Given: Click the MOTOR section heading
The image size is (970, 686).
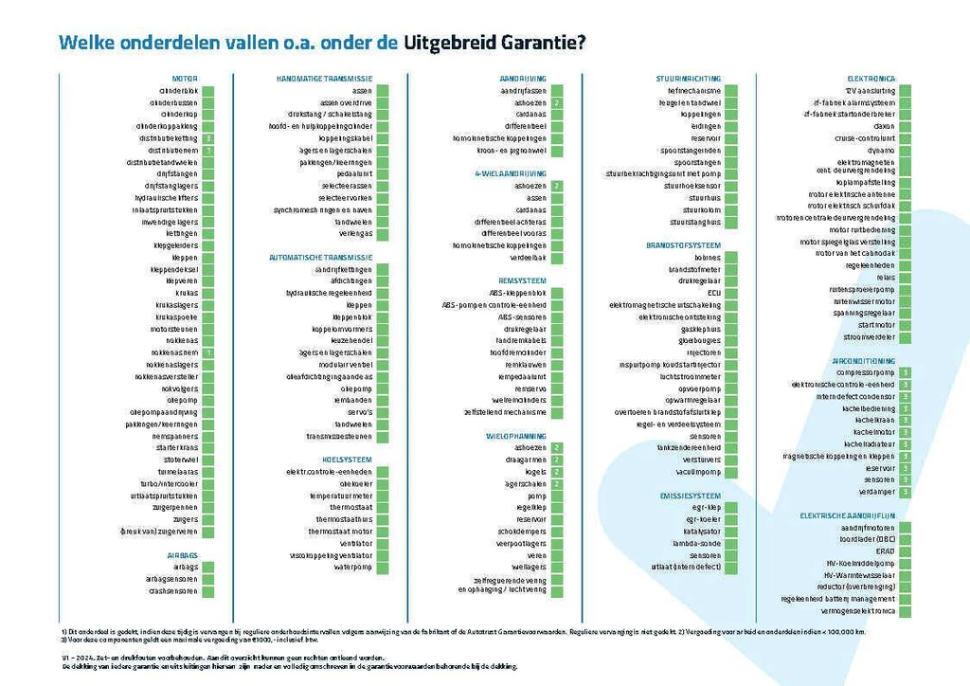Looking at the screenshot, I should click(x=185, y=78).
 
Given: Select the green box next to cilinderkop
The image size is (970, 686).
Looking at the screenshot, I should click(x=207, y=114).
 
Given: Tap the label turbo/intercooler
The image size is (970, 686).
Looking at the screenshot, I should click(x=169, y=483).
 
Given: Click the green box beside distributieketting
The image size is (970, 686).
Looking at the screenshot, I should click(x=207, y=138).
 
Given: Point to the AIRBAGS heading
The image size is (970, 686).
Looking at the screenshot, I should click(x=182, y=555).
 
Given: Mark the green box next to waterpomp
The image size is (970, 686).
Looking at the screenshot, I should click(x=382, y=568).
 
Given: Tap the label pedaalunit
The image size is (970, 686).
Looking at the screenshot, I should click(x=354, y=174).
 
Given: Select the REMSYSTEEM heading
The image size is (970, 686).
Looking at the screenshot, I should click(x=522, y=281).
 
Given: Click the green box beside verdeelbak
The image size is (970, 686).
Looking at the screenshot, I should click(x=557, y=258).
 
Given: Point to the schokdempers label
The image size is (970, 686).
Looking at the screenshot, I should click(x=522, y=532).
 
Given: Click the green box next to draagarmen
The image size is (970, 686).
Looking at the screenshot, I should click(x=557, y=460).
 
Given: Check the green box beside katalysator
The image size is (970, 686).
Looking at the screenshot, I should click(x=731, y=532).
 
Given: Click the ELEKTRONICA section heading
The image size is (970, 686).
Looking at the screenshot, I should click(x=871, y=78).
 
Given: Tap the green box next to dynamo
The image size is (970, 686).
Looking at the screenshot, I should click(x=906, y=150).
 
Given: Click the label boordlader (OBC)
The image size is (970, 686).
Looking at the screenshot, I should click(x=868, y=538).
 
